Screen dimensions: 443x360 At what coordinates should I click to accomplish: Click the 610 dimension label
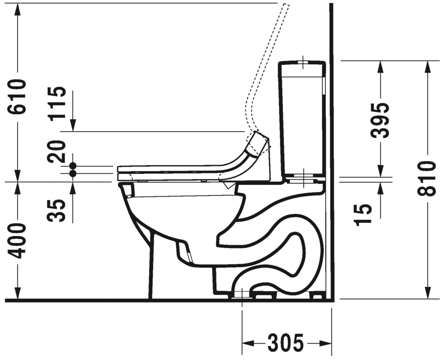[x=17, y=97]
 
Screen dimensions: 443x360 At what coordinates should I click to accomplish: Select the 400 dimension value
[x=17, y=240]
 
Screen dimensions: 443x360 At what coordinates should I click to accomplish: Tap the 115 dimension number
[x=57, y=104]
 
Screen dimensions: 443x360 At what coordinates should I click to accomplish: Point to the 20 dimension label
[x=57, y=152]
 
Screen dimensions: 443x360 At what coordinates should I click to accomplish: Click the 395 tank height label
[x=380, y=120]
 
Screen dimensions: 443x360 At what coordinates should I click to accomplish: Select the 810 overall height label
[x=427, y=179]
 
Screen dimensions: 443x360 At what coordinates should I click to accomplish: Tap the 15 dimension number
[x=363, y=214]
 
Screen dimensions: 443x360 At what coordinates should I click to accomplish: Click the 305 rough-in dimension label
[x=285, y=343]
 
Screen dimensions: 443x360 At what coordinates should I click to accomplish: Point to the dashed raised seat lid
[x=267, y=71]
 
